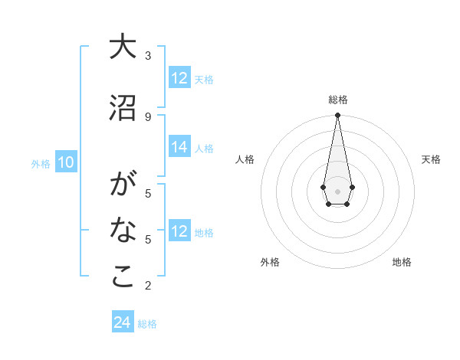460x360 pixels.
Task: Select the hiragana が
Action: [123, 185]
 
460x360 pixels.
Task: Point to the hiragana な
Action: [123, 229]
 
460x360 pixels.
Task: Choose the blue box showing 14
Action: [179, 148]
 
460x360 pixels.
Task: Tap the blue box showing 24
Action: [123, 322]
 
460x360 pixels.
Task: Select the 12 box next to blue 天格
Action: [179, 77]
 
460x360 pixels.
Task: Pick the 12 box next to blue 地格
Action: [179, 231]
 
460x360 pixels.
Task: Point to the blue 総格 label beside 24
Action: [147, 324]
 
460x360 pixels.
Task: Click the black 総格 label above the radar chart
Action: [338, 100]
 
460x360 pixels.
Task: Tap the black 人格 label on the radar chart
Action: [245, 159]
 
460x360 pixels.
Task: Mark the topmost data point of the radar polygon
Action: [337, 116]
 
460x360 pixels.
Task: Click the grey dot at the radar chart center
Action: [337, 190]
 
